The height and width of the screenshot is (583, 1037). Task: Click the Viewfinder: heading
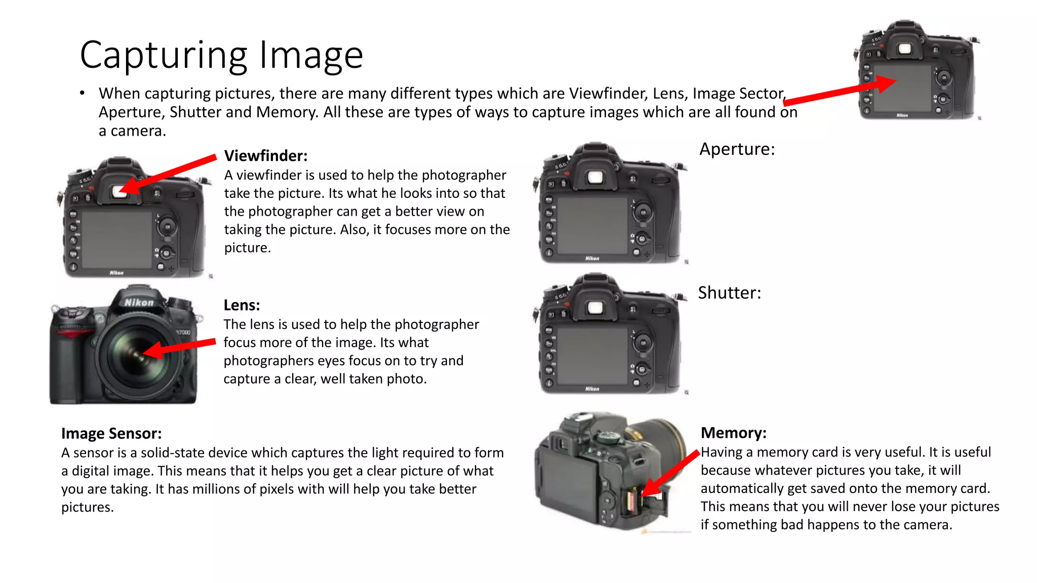(266, 155)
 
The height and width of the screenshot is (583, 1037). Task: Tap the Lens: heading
(242, 305)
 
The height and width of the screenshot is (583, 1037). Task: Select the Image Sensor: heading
(111, 434)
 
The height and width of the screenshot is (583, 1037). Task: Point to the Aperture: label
(737, 149)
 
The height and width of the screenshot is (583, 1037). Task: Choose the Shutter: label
(729, 293)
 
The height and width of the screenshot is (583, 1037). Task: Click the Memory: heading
(733, 433)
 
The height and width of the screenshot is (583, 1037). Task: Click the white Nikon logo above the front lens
(139, 303)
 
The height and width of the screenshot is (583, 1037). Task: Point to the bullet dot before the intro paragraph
(82, 94)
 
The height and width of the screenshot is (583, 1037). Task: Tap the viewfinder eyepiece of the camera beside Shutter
(595, 308)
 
